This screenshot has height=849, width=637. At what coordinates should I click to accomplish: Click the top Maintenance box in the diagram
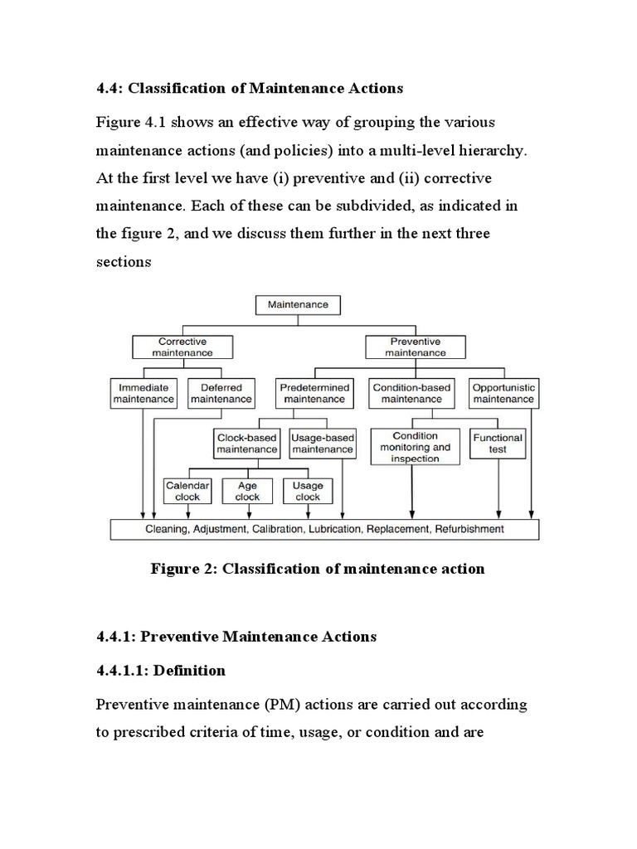click(x=298, y=304)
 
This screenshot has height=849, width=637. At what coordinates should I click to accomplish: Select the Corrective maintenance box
click(x=182, y=347)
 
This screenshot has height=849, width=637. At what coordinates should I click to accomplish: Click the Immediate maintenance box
click(x=143, y=393)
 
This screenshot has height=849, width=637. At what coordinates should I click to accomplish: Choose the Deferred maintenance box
click(x=221, y=393)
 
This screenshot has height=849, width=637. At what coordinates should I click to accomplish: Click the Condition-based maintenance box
click(x=411, y=393)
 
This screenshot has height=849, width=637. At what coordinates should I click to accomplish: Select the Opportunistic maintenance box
click(x=503, y=393)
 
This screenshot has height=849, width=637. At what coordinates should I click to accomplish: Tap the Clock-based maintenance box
click(x=246, y=443)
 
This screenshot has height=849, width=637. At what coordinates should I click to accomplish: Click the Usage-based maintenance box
click(x=323, y=443)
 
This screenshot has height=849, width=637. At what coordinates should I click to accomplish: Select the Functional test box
click(x=498, y=443)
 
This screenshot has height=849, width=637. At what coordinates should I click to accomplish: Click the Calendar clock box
click(x=188, y=491)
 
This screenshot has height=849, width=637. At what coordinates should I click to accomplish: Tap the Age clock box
click(x=247, y=491)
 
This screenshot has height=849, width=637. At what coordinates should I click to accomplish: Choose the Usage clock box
click(x=308, y=491)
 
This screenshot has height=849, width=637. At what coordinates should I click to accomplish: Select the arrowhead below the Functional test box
click(x=498, y=513)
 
